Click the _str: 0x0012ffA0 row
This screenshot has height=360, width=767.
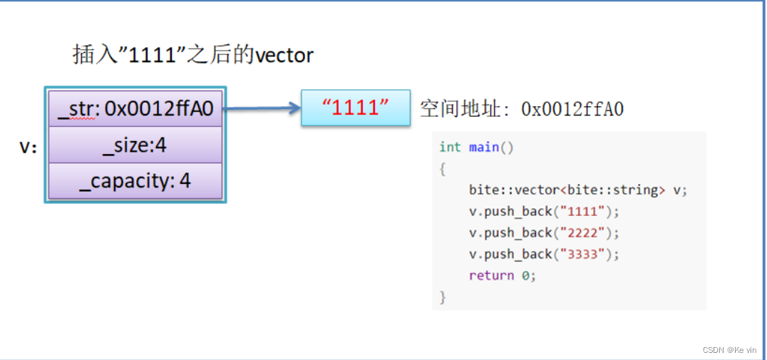[x=135, y=108]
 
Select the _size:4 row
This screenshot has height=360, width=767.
[x=135, y=145]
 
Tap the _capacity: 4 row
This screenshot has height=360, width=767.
[x=135, y=181]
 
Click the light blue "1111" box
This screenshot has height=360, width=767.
[x=356, y=108]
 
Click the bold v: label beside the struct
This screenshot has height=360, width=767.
[x=29, y=147]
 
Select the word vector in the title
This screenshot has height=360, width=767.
[x=284, y=55]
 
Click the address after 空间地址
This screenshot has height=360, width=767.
[x=572, y=109]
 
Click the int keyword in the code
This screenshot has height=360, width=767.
[x=450, y=147]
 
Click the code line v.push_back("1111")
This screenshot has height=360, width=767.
[x=545, y=211]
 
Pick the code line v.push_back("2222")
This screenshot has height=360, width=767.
[x=545, y=232]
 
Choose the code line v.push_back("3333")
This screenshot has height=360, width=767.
[x=545, y=254]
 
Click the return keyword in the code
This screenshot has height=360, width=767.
[x=491, y=275]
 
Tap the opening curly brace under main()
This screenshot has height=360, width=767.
[x=443, y=168]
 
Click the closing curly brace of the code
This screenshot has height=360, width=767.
[x=443, y=297]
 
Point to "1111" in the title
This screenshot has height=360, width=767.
[x=152, y=55]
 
